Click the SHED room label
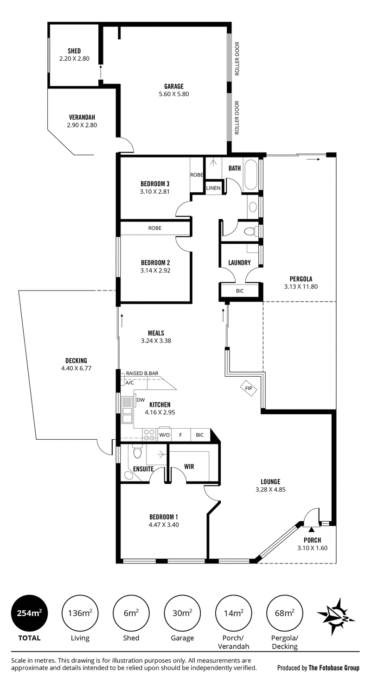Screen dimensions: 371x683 coord(74,51)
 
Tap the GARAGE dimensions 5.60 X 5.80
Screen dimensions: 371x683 coord(174,94)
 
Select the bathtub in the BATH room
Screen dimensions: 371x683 coord(251,174)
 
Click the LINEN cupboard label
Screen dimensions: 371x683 coord(213,188)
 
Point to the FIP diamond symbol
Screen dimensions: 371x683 coord(249,388)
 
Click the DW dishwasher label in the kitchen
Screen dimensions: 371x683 coord(141,400)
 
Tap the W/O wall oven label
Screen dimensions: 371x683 coord(165,435)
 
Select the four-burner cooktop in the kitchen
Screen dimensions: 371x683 coord(149,435)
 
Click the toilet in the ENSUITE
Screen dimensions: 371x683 coord(137,452)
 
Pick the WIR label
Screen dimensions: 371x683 coord(189,466)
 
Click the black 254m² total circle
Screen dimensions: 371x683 coord(29,613)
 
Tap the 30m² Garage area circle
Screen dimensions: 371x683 coord(182,613)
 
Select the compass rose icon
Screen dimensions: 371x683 coord(335,616)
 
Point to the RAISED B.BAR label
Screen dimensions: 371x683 coord(142,373)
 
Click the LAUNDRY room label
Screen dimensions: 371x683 coord(239,263)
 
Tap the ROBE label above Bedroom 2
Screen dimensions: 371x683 coord(155,228)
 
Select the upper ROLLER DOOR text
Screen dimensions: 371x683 coord(237,58)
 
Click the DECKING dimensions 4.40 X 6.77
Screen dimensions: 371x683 coord(76,368)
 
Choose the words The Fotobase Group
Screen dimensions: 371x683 coord(334,668)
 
